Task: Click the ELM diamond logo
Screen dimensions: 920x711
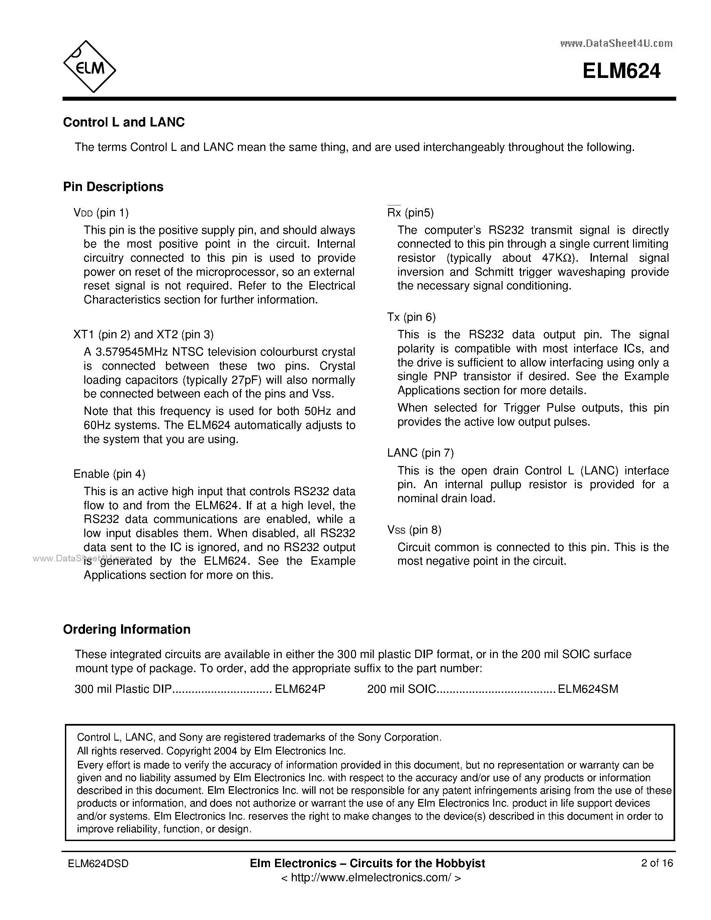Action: tap(89, 67)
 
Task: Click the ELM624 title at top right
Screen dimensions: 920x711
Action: tap(621, 71)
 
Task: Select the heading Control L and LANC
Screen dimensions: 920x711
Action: tap(124, 122)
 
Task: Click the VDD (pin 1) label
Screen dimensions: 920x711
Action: tap(101, 213)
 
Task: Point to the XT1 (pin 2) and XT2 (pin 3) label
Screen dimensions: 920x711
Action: tap(143, 335)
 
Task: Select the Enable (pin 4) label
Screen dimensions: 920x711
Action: tap(109, 474)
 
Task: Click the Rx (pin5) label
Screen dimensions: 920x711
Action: tap(410, 213)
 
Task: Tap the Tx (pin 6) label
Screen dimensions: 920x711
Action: tap(411, 317)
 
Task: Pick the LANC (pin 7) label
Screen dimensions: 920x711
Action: tap(420, 453)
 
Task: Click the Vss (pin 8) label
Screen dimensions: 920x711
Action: tap(414, 530)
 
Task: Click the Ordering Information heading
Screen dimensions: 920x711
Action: tap(126, 629)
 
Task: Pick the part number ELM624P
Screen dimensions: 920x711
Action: tap(300, 689)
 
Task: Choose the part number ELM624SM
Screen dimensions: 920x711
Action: tap(588, 689)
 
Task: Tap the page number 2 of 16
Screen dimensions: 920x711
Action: tap(657, 863)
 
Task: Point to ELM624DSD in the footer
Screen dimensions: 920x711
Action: tap(98, 863)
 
